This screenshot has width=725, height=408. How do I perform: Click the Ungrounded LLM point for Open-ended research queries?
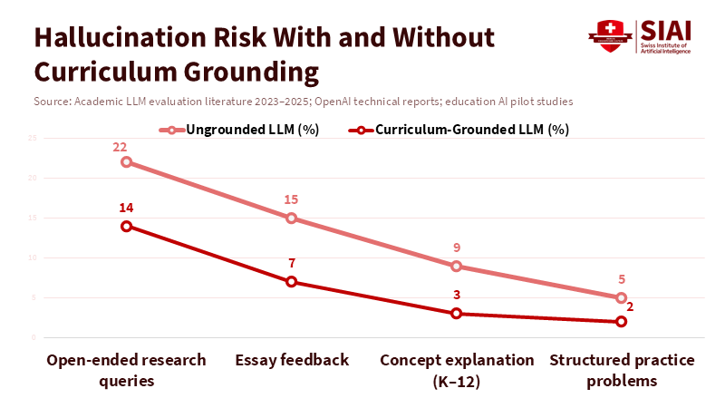click(126, 162)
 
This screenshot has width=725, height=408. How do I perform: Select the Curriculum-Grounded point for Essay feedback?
click(291, 281)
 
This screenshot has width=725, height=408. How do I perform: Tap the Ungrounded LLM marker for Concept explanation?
click(456, 266)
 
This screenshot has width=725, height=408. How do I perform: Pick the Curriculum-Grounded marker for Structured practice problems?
click(621, 321)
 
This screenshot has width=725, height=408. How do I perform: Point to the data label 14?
click(126, 208)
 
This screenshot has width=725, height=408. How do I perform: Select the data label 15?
click(291, 199)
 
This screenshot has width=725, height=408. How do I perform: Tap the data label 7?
click(291, 263)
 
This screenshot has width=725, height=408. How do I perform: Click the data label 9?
click(456, 248)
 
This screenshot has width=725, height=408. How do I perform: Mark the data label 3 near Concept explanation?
click(456, 295)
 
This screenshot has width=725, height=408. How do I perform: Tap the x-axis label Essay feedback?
click(291, 360)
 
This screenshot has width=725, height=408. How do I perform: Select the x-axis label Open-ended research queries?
click(126, 370)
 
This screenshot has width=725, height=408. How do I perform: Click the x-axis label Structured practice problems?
click(621, 370)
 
